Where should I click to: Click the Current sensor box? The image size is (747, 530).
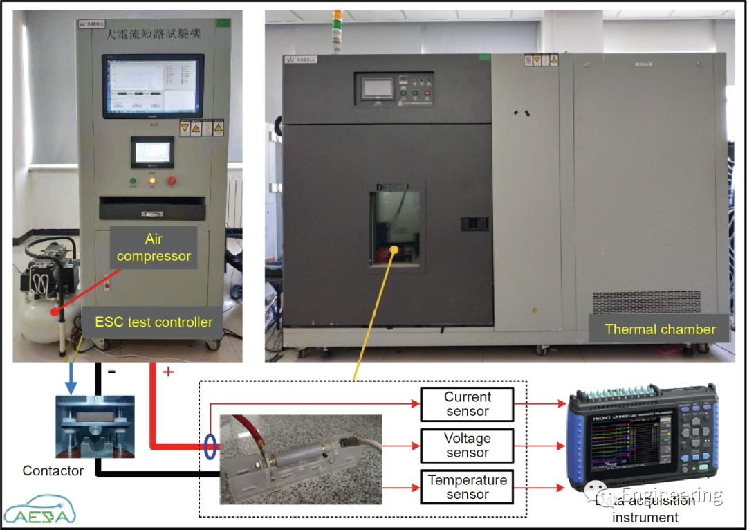[468, 404]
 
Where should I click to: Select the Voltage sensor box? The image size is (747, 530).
[468, 446]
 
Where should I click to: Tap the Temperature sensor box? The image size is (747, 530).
[468, 487]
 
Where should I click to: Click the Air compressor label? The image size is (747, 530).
[154, 248]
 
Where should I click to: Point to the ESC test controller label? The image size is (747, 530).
[154, 321]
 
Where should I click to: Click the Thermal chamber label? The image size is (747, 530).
[660, 329]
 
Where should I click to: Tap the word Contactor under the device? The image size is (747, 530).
[53, 470]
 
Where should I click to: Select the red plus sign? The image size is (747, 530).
[167, 372]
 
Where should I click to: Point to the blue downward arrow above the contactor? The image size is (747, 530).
[70, 377]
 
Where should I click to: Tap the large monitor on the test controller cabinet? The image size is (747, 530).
[153, 86]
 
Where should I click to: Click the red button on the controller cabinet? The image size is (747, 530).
[172, 181]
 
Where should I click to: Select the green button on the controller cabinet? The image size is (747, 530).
[133, 181]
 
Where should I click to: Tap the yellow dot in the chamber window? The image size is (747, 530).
[395, 247]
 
